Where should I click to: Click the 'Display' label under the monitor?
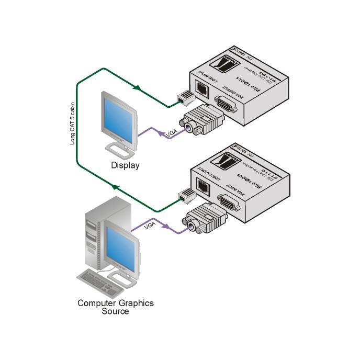pos(125,165)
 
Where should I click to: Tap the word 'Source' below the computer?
pos(116,311)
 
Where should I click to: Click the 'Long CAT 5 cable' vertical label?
pos(74,126)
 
